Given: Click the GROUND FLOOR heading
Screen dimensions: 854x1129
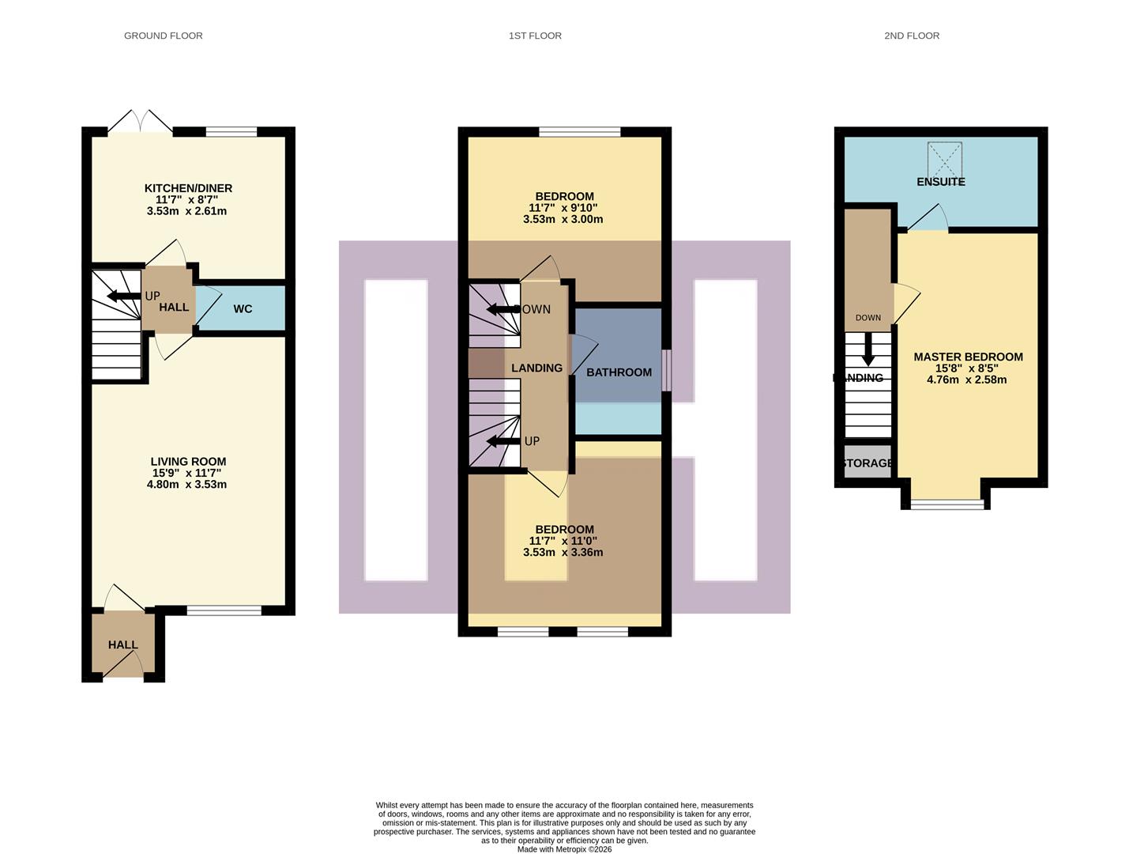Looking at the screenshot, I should [163, 36].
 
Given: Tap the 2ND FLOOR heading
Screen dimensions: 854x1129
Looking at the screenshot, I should [911, 36].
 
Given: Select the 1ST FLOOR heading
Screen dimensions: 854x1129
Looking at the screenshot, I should [535, 36].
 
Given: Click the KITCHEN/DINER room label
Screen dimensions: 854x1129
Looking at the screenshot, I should [188, 188].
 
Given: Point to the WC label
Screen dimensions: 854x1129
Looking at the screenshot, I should [243, 308].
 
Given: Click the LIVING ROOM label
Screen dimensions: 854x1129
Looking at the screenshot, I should [188, 462].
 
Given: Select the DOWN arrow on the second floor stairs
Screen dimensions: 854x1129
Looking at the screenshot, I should [867, 348].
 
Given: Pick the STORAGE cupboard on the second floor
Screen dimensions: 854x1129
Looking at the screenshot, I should [867, 463].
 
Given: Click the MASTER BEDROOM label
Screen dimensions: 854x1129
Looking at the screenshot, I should [968, 357].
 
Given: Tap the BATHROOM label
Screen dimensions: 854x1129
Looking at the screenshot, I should [619, 372].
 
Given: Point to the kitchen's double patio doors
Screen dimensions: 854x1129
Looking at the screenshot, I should [140, 123].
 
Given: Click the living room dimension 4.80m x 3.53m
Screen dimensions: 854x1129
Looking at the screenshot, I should [186, 485].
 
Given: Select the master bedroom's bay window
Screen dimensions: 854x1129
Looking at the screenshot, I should [946, 503].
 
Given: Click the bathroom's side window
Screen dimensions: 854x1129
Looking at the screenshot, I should [666, 370].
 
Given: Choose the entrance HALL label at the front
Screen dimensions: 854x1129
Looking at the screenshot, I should [122, 644].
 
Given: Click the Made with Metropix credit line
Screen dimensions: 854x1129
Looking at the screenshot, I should [564, 849].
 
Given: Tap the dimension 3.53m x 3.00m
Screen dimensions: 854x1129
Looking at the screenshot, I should [563, 219].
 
